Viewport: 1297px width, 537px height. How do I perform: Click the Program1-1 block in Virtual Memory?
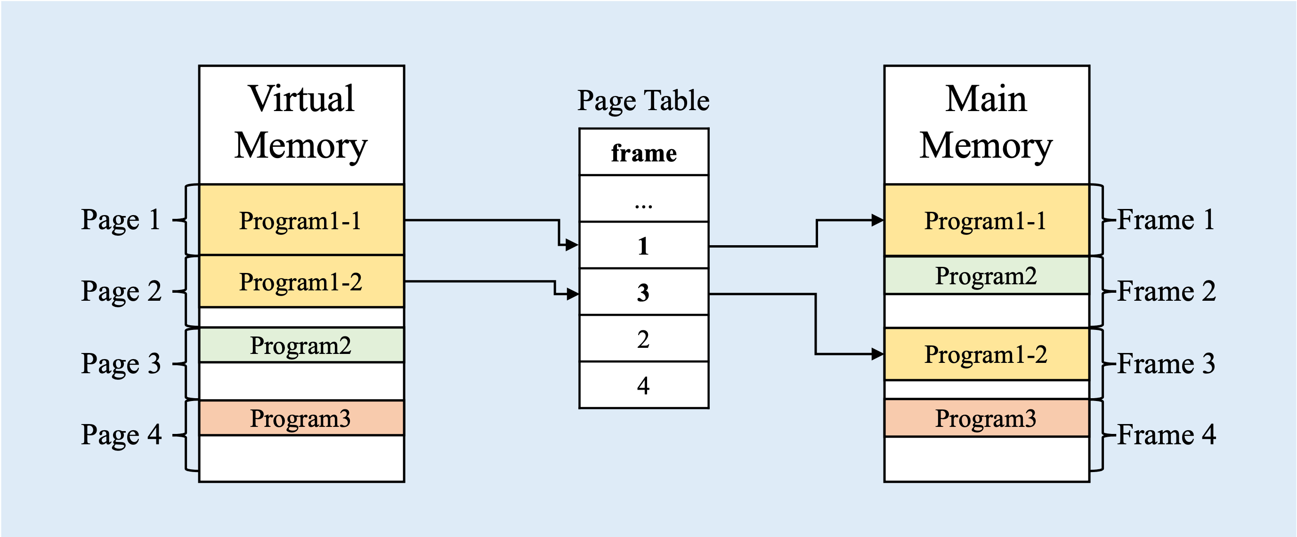(301, 220)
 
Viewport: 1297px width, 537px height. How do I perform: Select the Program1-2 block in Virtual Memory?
(301, 281)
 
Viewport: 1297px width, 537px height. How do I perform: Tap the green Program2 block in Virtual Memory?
(301, 345)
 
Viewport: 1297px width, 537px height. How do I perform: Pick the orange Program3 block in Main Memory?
(987, 418)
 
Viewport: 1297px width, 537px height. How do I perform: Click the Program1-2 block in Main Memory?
(987, 354)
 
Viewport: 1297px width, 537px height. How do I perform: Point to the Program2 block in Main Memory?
(987, 275)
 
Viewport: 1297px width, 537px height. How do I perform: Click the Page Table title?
(643, 101)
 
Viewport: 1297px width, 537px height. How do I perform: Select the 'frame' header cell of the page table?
(644, 152)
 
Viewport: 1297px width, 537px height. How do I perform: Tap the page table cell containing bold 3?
(644, 292)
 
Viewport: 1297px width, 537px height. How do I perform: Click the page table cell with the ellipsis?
(644, 198)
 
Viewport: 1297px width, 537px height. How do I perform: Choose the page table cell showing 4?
(644, 385)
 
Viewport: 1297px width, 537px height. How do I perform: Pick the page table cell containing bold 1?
(644, 245)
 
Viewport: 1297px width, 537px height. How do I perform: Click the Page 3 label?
(121, 363)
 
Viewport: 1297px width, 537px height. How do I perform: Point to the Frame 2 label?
(1166, 291)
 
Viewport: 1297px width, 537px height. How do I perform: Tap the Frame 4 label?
(1166, 434)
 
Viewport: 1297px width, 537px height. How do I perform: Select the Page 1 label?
(121, 220)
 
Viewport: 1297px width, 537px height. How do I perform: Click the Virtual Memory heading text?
(301, 122)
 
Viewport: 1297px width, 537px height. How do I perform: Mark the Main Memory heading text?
(986, 122)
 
